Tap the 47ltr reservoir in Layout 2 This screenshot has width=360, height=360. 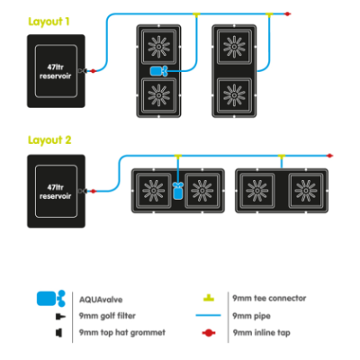click(57, 188)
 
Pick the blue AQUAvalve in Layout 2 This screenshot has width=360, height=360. click(177, 190)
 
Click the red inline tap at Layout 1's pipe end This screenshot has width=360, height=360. click(290, 13)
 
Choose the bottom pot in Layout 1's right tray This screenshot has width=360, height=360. click(237, 94)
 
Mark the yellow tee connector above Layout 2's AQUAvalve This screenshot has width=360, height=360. click(177, 156)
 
